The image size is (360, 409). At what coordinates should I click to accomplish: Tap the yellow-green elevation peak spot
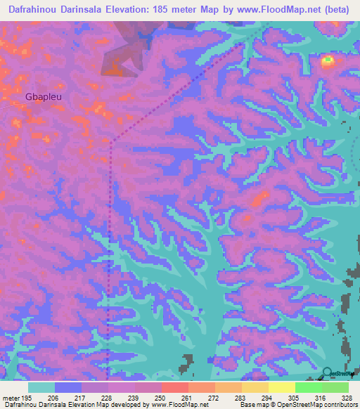(x=328, y=62)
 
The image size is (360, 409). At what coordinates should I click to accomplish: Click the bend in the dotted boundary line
(x=110, y=141)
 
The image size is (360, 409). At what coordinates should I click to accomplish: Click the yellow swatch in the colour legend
(x=281, y=387)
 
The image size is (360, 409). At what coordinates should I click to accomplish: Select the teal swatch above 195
(x=41, y=387)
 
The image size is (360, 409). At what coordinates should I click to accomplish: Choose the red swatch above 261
(x=174, y=387)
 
